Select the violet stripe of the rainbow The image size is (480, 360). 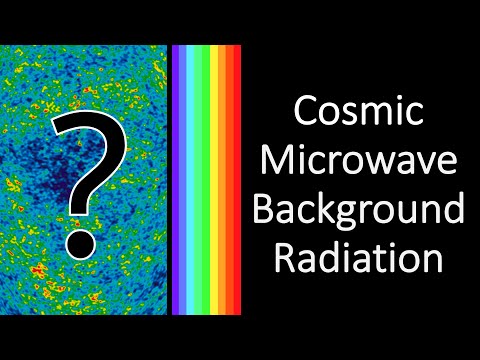(176, 180)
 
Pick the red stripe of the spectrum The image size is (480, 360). (236, 180)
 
